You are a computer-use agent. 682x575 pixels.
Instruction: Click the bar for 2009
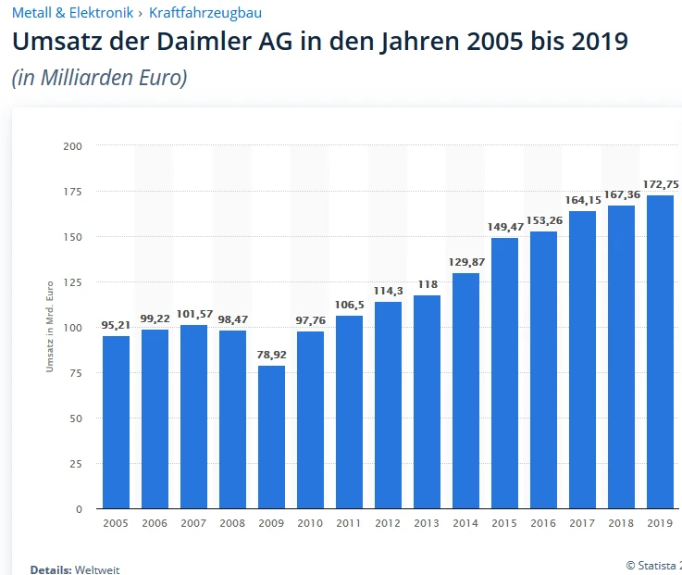point(271,437)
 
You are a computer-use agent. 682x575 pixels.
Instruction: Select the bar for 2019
point(660,352)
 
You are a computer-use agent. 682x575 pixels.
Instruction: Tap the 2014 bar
point(465,391)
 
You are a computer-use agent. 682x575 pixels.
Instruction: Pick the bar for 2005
point(116,422)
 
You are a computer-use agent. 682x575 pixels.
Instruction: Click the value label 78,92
point(271,355)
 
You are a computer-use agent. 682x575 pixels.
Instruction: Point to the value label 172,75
point(660,184)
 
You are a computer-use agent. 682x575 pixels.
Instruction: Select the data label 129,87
point(465,262)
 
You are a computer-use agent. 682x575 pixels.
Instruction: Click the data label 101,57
point(193,314)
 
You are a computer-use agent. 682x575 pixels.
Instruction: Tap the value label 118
point(427,284)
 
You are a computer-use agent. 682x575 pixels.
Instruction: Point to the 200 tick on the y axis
point(73,146)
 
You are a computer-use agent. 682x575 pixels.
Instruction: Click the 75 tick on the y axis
point(75,373)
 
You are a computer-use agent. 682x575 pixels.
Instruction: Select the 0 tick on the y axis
point(79,509)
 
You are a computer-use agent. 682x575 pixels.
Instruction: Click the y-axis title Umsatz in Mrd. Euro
point(50,327)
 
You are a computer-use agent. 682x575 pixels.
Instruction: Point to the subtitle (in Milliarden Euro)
point(99,78)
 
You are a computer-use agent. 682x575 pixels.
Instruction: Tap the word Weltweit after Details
point(97,569)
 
